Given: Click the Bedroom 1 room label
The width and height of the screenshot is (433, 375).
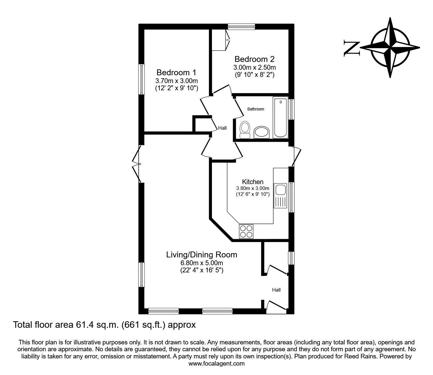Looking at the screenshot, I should [x=176, y=72].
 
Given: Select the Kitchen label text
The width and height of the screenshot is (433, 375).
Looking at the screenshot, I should [x=252, y=182].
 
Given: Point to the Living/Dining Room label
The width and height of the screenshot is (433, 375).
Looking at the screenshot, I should [x=202, y=254].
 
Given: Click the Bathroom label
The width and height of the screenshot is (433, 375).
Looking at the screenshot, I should [x=255, y=109].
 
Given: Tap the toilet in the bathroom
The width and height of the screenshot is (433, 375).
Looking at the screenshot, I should [x=245, y=129].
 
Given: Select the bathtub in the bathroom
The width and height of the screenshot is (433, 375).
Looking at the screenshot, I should [x=280, y=118].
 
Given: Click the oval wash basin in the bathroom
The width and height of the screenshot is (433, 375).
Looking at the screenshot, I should [x=261, y=132].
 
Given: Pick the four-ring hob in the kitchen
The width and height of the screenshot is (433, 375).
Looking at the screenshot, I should [x=246, y=231].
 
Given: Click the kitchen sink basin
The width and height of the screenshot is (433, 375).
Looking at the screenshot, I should [x=280, y=189].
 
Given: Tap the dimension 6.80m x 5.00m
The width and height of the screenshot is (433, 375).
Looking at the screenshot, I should [x=202, y=263].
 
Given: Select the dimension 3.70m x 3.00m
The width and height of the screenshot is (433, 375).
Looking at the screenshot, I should [x=176, y=81].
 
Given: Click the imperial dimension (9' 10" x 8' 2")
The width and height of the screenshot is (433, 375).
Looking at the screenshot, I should [x=254, y=75].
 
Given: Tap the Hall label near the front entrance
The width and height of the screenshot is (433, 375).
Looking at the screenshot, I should [x=276, y=290].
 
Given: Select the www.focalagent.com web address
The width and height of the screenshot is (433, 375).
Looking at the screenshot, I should [x=216, y=364].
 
